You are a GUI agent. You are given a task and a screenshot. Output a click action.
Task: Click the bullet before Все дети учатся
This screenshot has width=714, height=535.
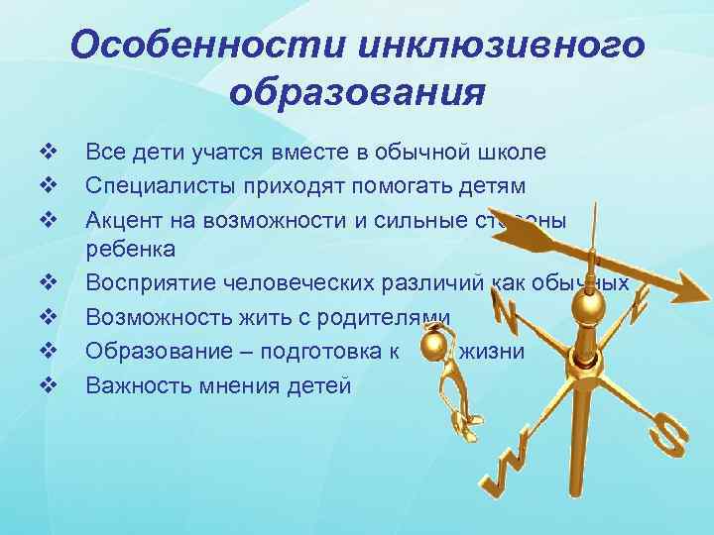click(47, 152)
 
